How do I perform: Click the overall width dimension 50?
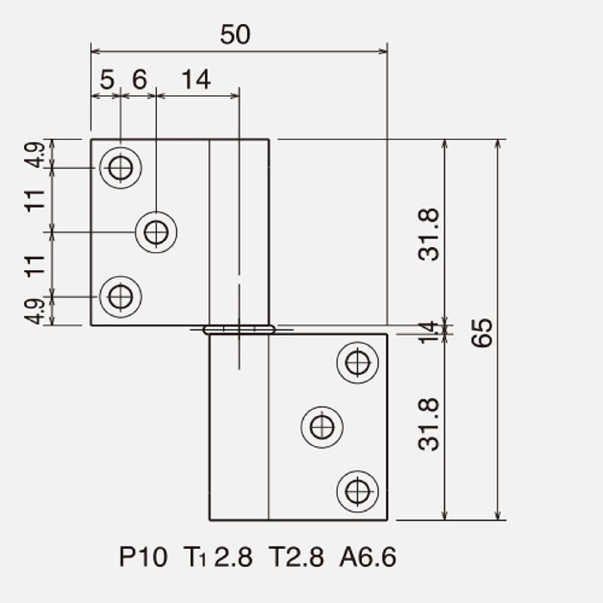pyautogui.click(x=235, y=34)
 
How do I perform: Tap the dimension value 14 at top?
pyautogui.click(x=196, y=80)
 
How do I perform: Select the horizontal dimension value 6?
pyautogui.click(x=139, y=79)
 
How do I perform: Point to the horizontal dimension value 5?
pyautogui.click(x=107, y=80)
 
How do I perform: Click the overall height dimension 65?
pyautogui.click(x=482, y=332)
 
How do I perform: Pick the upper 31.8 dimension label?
pyautogui.click(x=428, y=234)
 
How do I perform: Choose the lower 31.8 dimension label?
pyautogui.click(x=428, y=424)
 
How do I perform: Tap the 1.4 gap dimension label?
pyautogui.click(x=427, y=332)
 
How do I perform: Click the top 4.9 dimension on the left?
pyautogui.click(x=35, y=155)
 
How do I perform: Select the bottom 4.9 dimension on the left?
pyautogui.click(x=35, y=311)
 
